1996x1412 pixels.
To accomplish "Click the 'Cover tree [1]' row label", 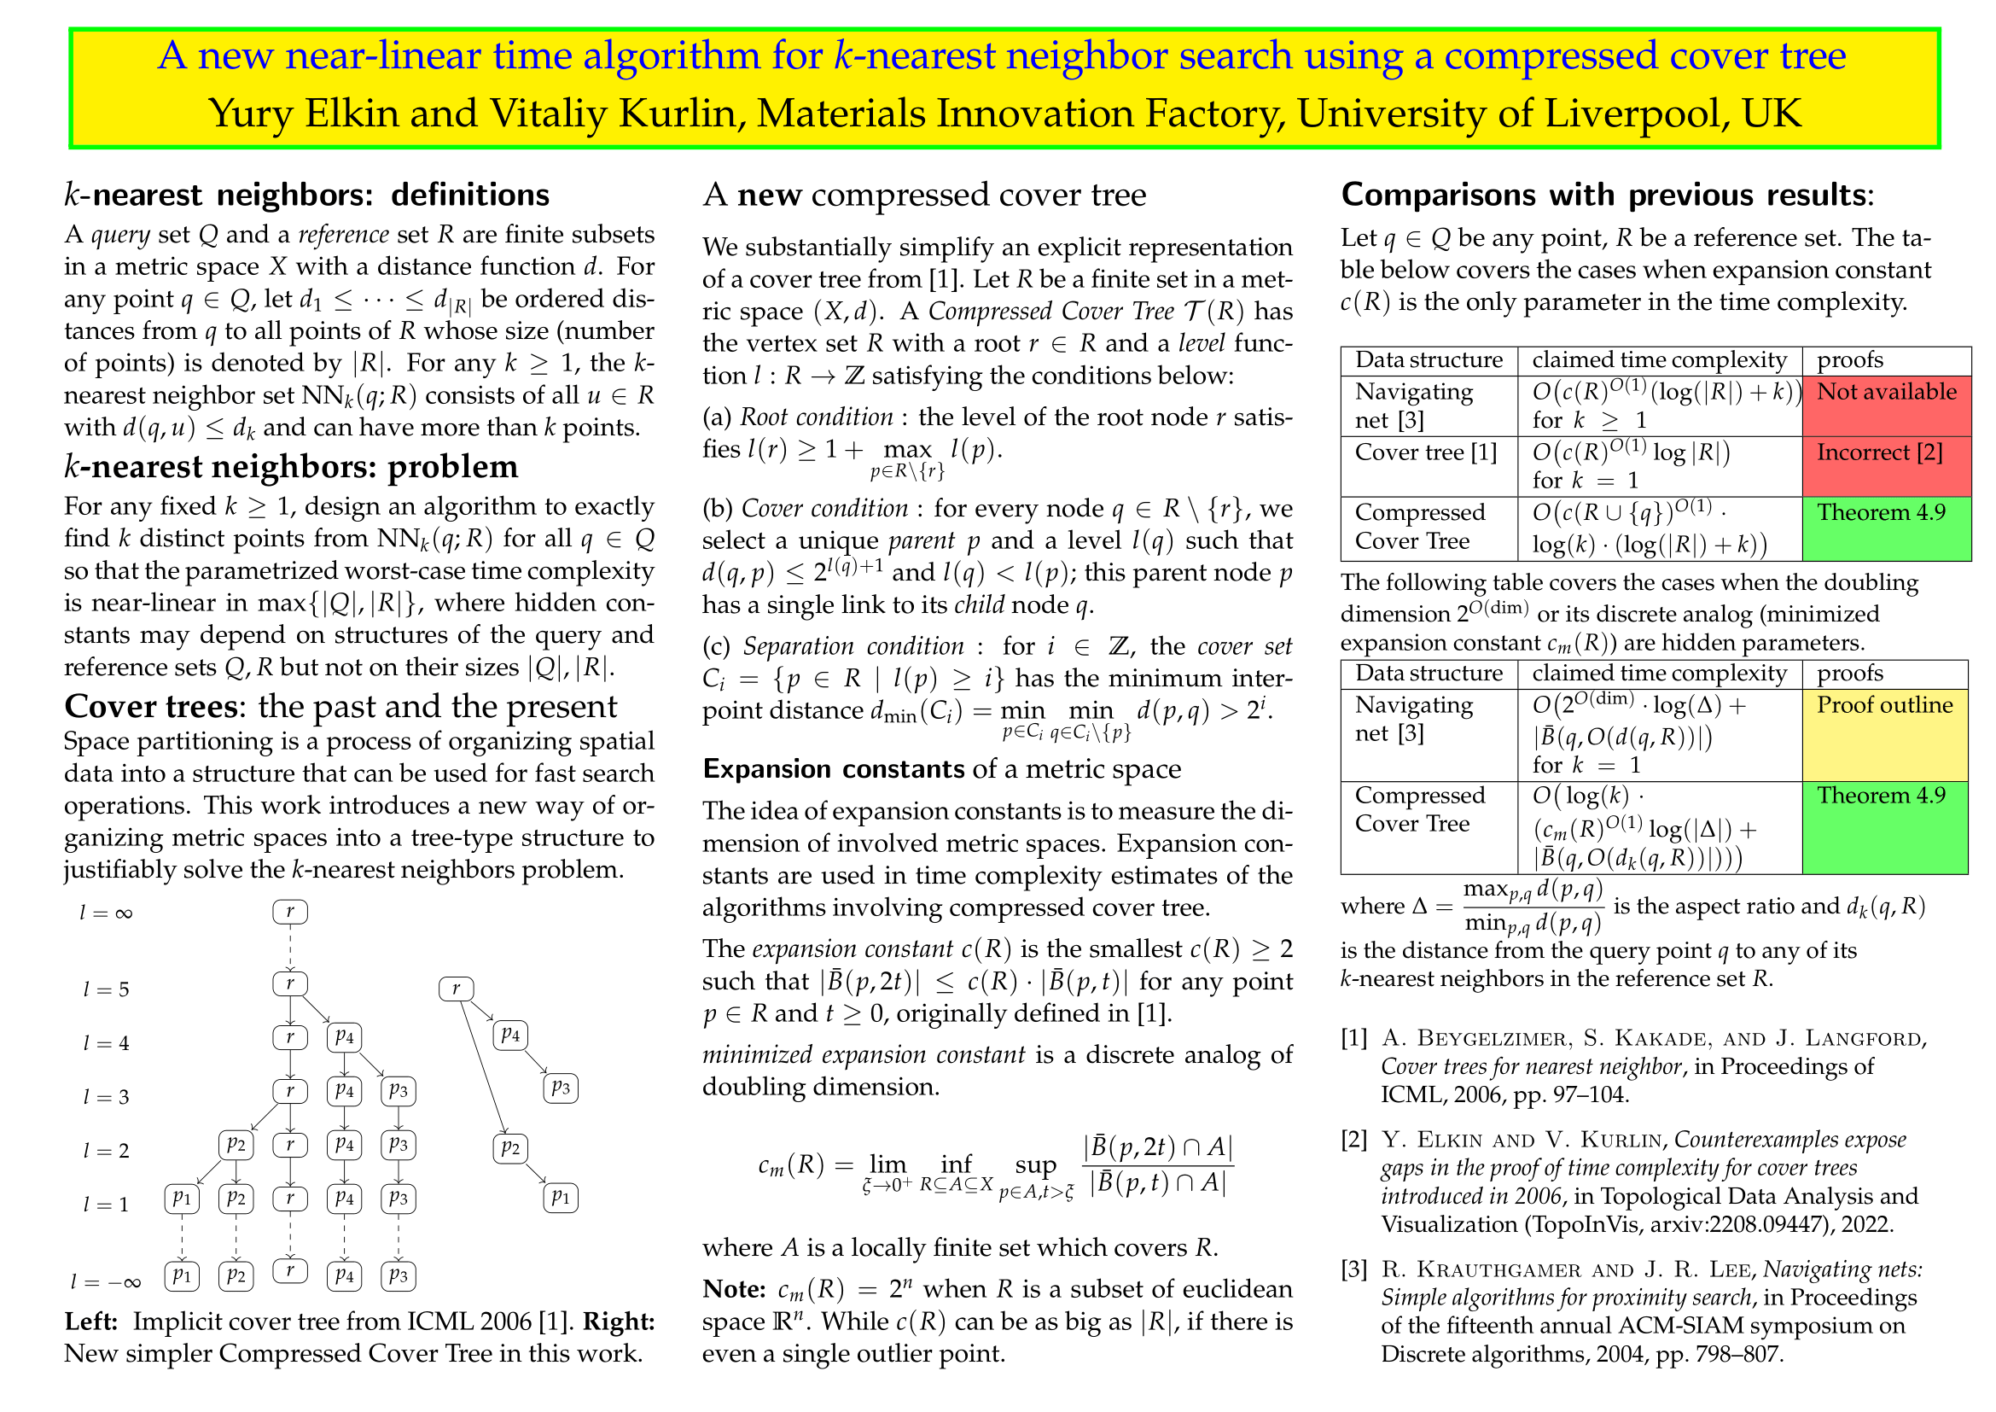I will (1426, 453).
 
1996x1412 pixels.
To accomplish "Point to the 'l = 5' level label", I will (106, 989).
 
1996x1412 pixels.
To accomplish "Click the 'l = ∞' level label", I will (105, 913).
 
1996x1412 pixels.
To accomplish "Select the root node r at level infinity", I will (290, 911).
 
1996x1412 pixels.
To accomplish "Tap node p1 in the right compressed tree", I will (561, 1198).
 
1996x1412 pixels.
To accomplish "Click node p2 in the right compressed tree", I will (509, 1148).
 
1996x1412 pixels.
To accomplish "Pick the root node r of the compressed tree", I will (456, 989).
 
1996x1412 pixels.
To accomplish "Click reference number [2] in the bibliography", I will (1354, 1140).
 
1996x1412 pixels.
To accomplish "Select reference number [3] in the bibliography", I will (1354, 1270).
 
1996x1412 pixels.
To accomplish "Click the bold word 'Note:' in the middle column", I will (734, 1289).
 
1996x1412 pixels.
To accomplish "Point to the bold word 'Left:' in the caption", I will (91, 1322).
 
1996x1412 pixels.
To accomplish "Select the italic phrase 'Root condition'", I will (817, 417).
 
